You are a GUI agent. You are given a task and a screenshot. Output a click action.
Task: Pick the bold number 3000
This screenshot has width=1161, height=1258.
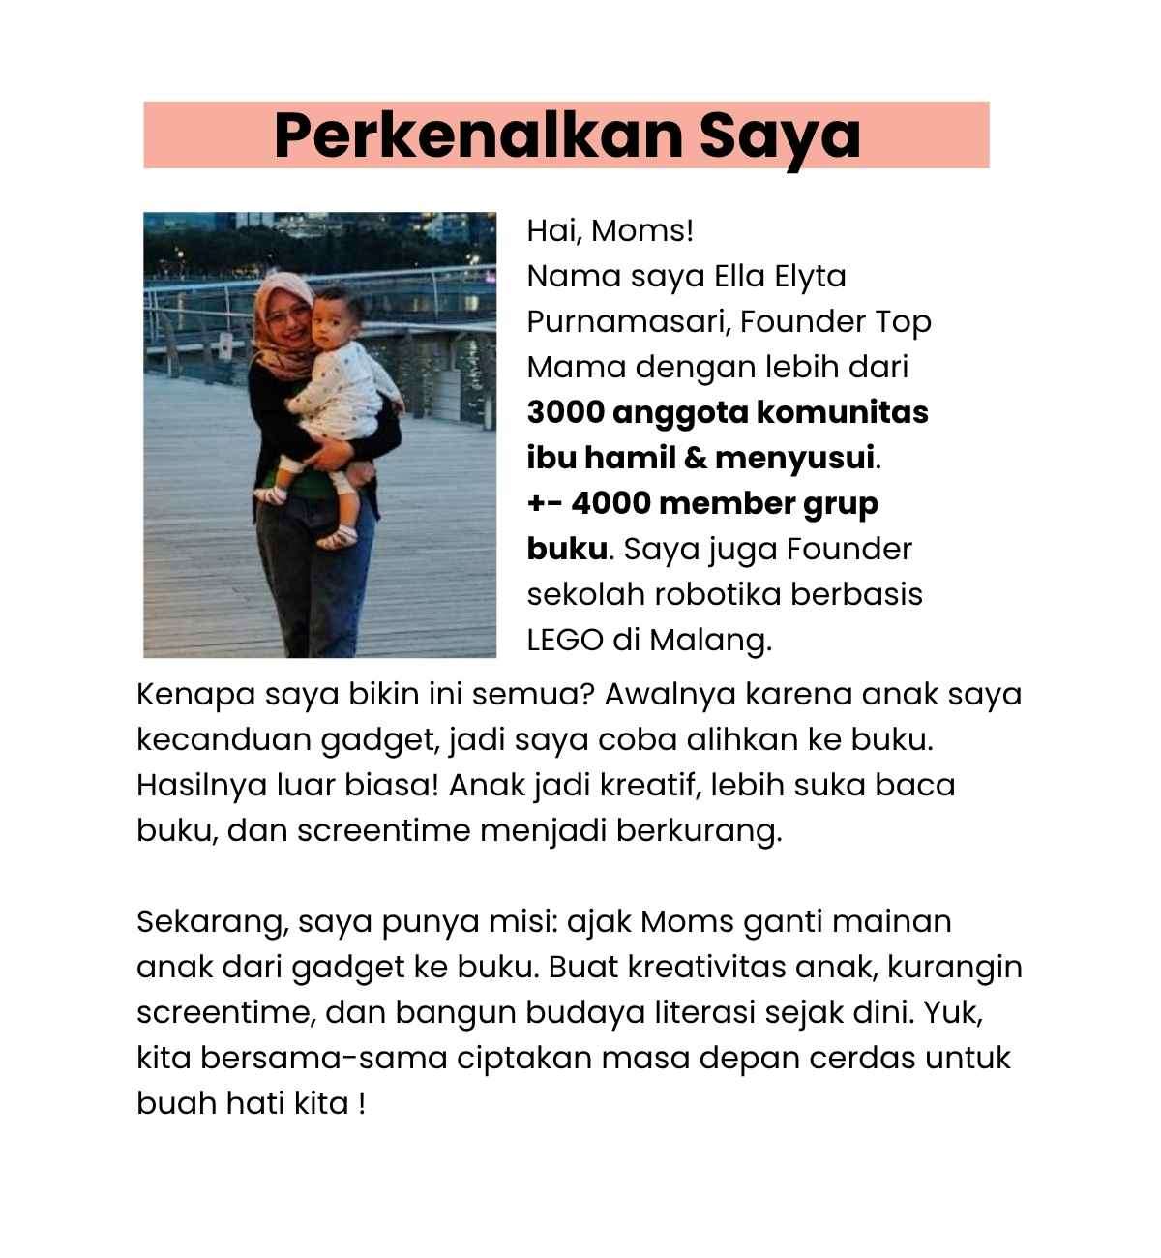[565, 412]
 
